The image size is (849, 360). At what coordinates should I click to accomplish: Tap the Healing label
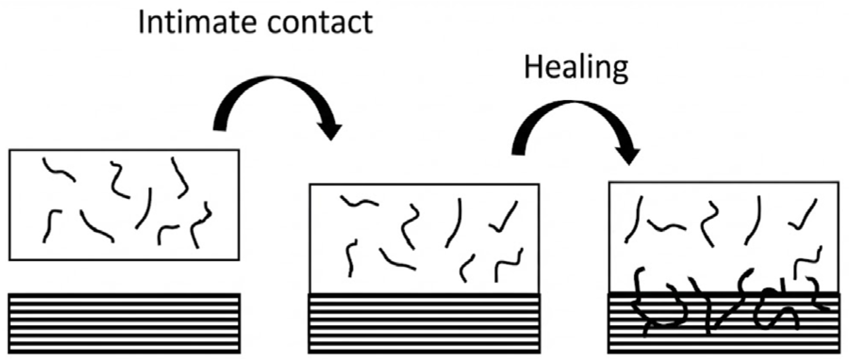pyautogui.click(x=576, y=67)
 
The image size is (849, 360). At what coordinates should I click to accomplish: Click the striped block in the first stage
pyautogui.click(x=125, y=323)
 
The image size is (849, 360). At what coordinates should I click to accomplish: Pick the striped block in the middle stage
pyautogui.click(x=424, y=323)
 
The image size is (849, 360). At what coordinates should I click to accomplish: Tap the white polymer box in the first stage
pyautogui.click(x=124, y=205)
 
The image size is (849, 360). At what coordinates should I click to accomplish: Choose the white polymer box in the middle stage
pyautogui.click(x=424, y=238)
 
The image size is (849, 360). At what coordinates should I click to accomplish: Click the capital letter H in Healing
pyautogui.click(x=532, y=67)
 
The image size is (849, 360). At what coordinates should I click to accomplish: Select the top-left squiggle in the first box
pyautogui.click(x=58, y=170)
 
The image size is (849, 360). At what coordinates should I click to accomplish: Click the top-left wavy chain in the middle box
pyautogui.click(x=359, y=202)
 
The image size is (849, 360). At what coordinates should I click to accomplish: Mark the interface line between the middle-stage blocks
pyautogui.click(x=424, y=293)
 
